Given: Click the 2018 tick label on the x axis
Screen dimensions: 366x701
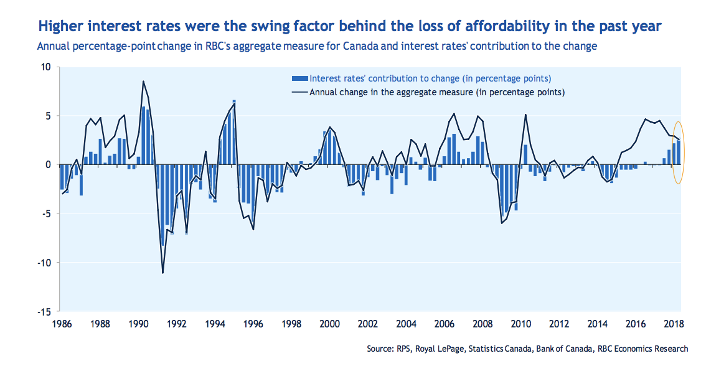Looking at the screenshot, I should point(674,324).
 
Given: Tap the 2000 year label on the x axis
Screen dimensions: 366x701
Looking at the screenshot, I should point(329,324).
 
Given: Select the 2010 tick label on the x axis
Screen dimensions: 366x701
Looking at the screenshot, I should point(521,324).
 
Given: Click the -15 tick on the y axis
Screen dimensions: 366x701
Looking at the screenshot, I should point(47,311).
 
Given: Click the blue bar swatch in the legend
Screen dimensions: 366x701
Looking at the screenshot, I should point(299,78).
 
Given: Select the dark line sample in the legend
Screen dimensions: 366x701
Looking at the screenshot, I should point(299,92).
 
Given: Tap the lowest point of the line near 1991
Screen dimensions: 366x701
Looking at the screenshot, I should point(162,273).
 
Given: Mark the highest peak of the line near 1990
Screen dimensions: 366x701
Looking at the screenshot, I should point(143,82).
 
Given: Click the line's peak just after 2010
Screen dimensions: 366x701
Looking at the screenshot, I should point(525,115).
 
